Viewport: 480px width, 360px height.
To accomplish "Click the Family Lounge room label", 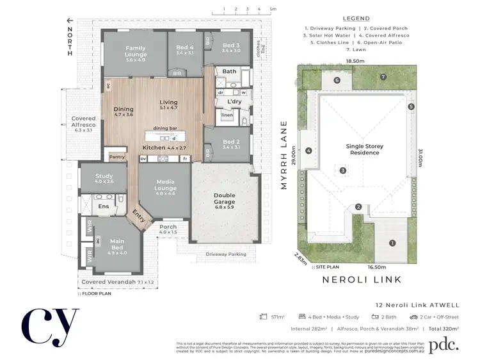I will (135, 52).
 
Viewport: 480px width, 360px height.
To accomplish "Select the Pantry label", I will (116, 156).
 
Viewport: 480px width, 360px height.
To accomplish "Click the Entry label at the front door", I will (138, 217).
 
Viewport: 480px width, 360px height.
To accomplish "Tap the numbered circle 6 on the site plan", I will (337, 81).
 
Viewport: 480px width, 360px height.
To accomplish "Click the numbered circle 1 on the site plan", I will (392, 243).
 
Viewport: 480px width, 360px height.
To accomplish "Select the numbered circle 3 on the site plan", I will (343, 170).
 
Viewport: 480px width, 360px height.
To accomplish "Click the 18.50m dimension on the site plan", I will (355, 61).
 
